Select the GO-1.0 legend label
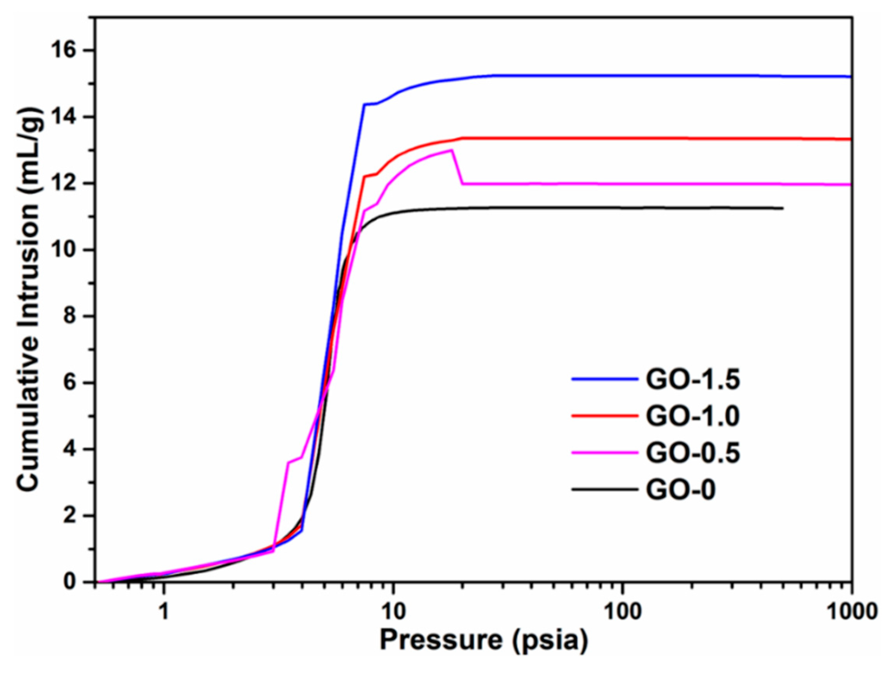[x=693, y=416]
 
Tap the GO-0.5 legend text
[x=693, y=453]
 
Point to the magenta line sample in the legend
[x=604, y=452]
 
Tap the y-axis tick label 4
[x=77, y=449]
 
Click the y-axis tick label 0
[x=77, y=582]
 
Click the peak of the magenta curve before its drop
[x=452, y=150]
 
